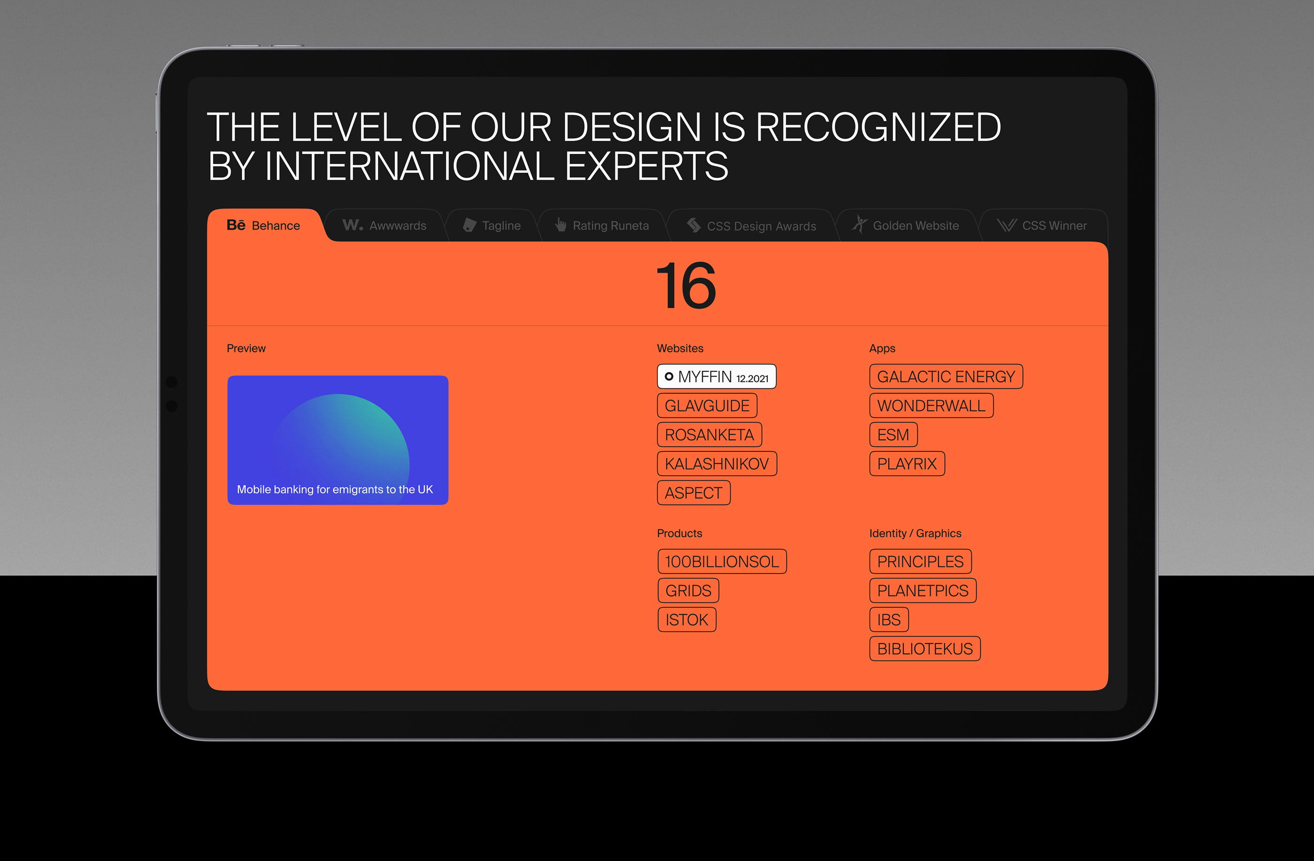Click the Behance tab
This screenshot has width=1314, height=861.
(264, 225)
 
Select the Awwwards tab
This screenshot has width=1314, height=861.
(385, 225)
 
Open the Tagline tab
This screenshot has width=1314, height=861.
(492, 225)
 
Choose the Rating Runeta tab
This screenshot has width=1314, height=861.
(603, 225)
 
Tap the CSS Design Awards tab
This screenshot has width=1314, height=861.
(751, 225)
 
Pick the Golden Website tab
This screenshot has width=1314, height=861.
(906, 225)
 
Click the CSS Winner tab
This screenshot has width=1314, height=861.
(1042, 225)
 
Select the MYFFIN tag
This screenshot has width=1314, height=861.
(717, 376)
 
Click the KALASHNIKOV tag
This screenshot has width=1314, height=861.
(717, 464)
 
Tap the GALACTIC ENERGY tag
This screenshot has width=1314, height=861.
(946, 376)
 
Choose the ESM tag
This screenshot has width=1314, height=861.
(894, 434)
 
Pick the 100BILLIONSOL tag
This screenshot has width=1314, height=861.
(722, 561)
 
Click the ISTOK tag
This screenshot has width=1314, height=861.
(687, 619)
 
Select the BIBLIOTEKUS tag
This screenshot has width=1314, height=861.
(925, 648)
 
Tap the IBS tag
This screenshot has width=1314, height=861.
(889, 619)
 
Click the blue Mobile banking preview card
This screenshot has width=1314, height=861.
(338, 440)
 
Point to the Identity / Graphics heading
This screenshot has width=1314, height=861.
(915, 533)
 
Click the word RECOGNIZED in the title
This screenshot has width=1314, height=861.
(878, 128)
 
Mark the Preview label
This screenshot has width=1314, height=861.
(246, 348)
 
